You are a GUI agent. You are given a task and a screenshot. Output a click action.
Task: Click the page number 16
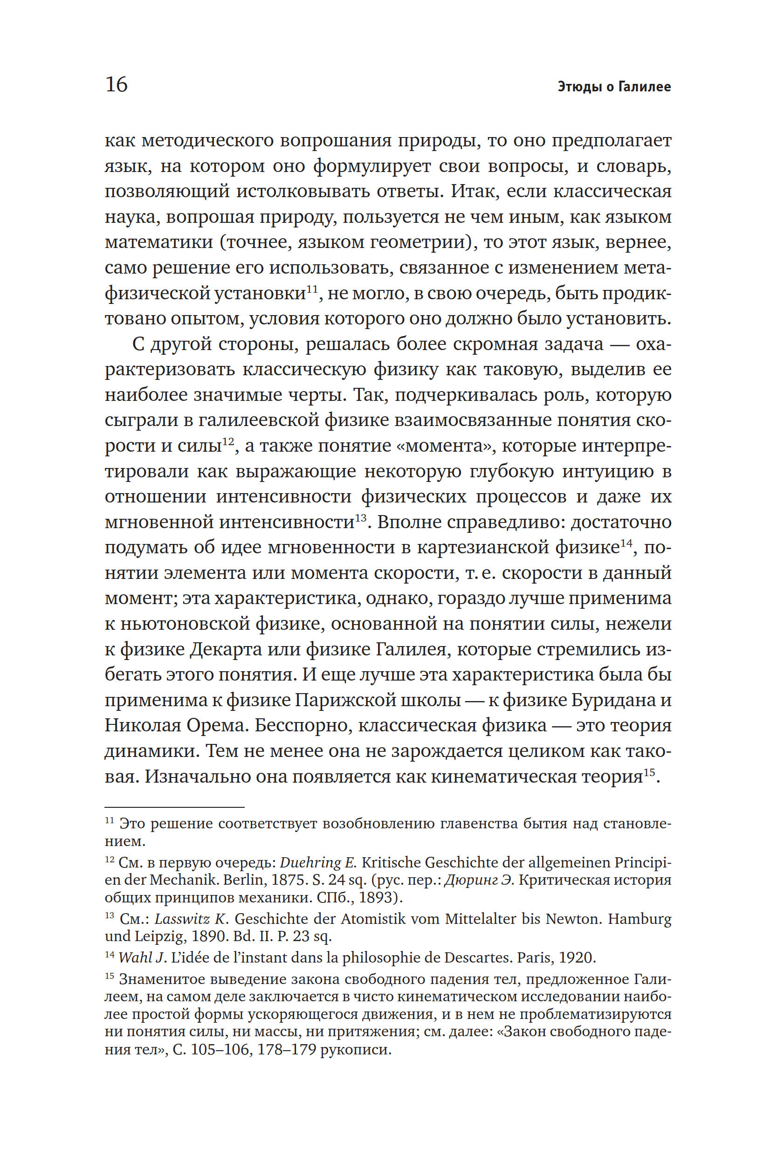point(117,84)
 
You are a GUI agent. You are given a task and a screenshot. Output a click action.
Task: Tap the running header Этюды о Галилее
point(614,87)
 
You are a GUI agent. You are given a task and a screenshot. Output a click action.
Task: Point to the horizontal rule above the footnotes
point(174,807)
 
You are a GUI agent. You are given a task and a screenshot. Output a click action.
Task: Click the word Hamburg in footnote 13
point(639,919)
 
